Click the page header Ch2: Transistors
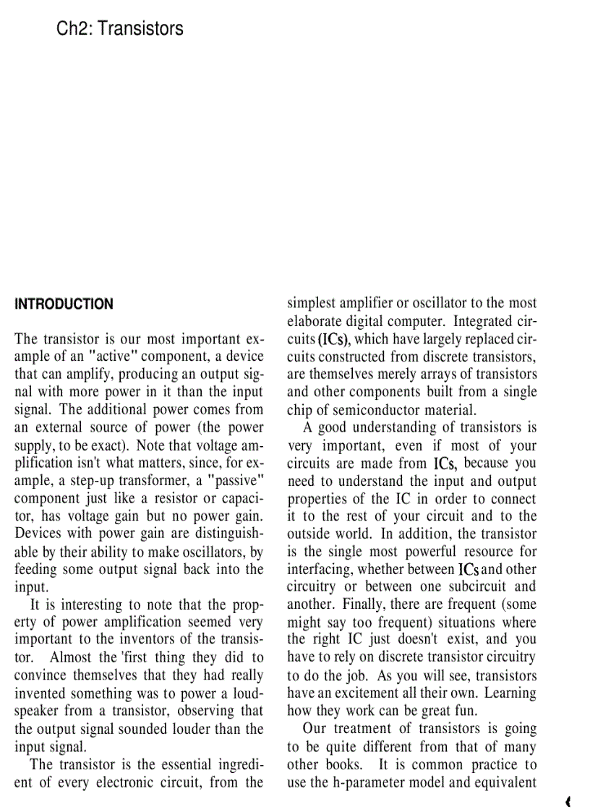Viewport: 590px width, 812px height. [x=119, y=29]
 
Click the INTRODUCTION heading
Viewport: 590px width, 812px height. [x=64, y=304]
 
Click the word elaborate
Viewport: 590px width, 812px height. [x=319, y=321]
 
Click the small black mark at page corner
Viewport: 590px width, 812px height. [x=569, y=801]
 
